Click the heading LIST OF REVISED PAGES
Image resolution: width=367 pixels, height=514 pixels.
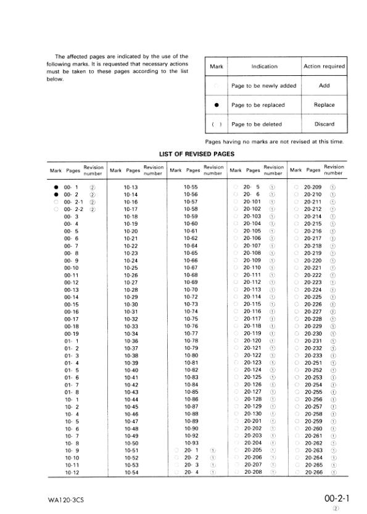click(197, 154)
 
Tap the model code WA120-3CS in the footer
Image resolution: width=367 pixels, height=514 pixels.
click(66, 499)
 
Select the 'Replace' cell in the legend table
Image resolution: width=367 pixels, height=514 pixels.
click(324, 105)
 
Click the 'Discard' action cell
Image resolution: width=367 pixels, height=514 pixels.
click(324, 124)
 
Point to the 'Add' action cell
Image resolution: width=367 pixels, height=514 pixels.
click(324, 86)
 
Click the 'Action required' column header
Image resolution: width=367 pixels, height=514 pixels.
click(324, 67)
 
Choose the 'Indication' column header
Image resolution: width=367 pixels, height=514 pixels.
click(264, 67)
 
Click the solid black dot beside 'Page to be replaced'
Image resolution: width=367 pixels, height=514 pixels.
click(216, 106)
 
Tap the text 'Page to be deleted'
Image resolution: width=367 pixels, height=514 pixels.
click(256, 124)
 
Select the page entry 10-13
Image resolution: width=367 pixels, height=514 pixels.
click(130, 186)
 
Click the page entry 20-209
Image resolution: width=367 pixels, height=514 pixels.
click(313, 186)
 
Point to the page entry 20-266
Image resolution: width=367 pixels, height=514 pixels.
click(313, 471)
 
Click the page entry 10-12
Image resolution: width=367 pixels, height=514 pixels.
click(72, 471)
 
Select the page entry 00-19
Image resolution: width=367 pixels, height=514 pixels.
click(72, 333)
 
